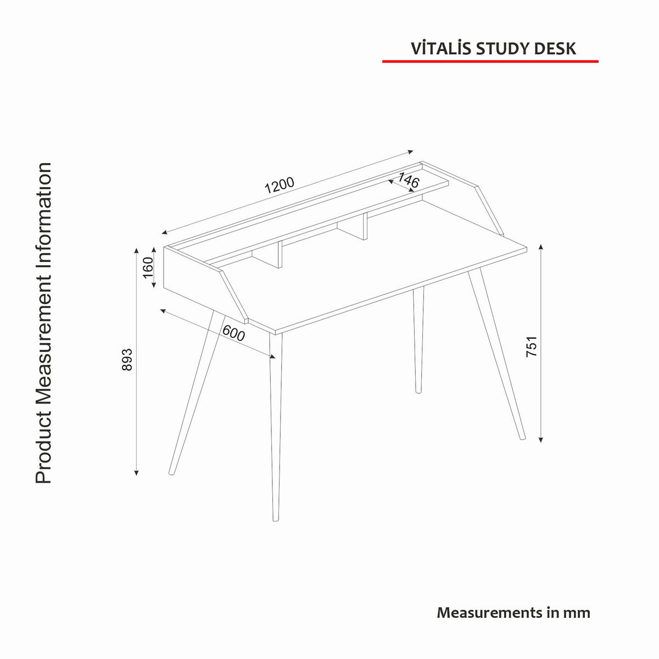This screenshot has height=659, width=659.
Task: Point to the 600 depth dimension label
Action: (x=233, y=333)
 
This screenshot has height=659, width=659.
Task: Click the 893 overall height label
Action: (x=127, y=360)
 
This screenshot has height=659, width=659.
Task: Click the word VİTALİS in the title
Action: (x=441, y=48)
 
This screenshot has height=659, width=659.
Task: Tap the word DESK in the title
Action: (x=555, y=48)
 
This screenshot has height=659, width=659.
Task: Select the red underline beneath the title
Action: (x=490, y=62)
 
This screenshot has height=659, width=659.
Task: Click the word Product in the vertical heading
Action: (x=44, y=448)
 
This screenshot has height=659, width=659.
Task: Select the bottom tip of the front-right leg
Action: (x=522, y=438)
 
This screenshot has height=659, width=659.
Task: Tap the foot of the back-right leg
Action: (x=418, y=390)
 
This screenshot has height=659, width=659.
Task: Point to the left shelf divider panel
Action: (x=278, y=255)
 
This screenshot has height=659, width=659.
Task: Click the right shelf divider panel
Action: (x=364, y=226)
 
